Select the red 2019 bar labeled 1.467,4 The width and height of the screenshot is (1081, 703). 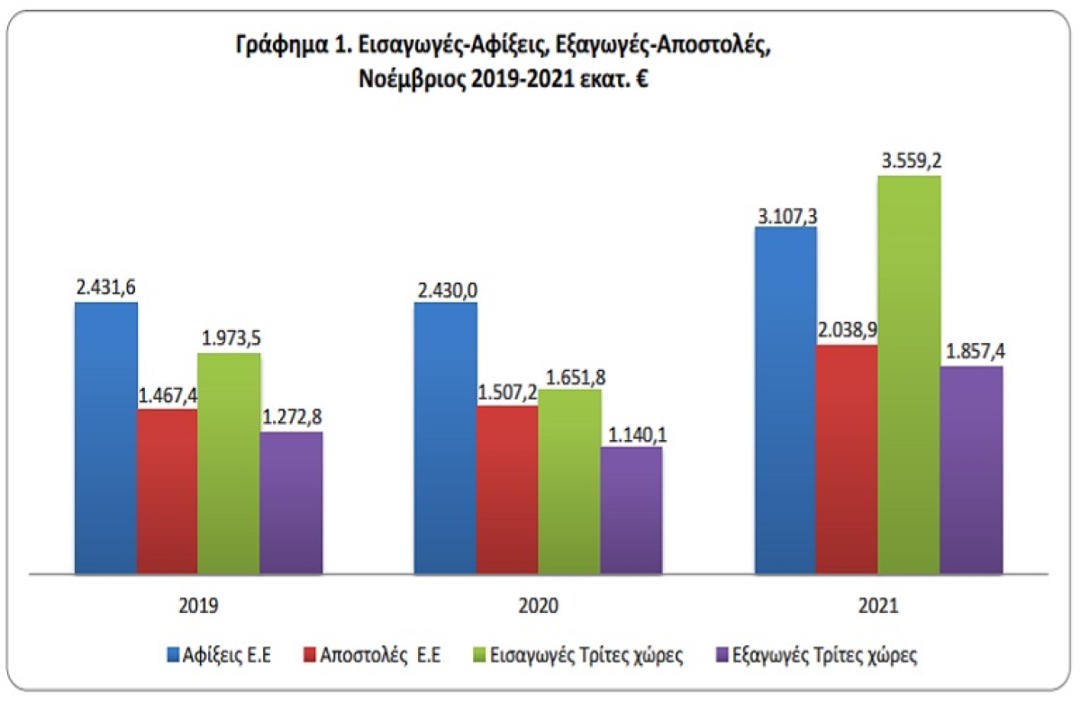coord(167,491)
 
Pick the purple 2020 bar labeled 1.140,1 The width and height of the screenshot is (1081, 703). coord(631,509)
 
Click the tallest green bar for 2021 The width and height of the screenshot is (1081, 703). coord(910,374)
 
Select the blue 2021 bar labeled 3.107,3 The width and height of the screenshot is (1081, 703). coord(786,400)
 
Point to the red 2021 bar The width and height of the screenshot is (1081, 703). coord(847,458)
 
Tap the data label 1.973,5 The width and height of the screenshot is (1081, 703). coord(229,339)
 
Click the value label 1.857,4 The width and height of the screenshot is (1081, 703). coord(974,352)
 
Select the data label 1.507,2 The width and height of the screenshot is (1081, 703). coord(508,392)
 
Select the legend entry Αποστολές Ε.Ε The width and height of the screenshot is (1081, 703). coord(380,655)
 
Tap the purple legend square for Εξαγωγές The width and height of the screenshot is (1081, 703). coord(720,655)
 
